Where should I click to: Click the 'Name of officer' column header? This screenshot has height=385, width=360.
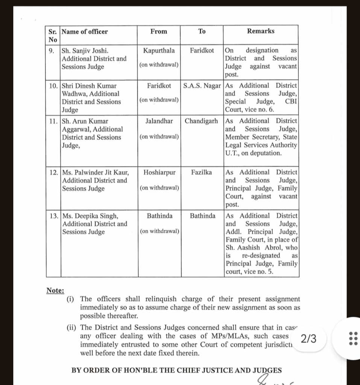click(85, 32)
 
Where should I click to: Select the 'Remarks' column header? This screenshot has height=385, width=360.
click(261, 31)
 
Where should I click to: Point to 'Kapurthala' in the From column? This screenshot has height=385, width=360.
click(159, 50)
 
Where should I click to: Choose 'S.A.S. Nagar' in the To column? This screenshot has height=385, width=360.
click(202, 86)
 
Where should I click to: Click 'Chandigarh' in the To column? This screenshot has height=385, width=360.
click(202, 121)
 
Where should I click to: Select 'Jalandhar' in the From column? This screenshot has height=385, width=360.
click(159, 121)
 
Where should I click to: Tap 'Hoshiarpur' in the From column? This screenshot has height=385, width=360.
click(159, 172)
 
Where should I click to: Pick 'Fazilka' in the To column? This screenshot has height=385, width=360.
click(202, 172)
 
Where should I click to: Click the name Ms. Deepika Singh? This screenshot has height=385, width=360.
click(90, 216)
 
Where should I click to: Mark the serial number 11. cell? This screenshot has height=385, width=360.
click(53, 121)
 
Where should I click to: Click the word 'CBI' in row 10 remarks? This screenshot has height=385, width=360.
click(291, 102)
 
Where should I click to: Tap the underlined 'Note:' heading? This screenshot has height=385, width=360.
click(55, 290)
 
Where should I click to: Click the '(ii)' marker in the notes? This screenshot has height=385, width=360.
click(71, 328)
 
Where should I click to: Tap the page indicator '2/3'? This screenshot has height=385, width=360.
click(309, 339)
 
